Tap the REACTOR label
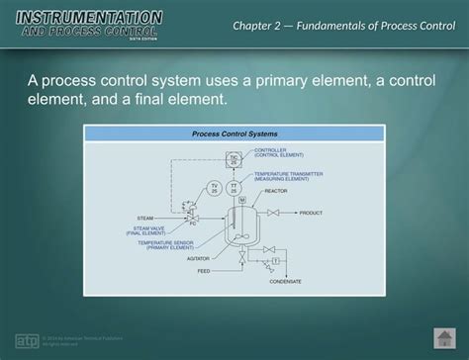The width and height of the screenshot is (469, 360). [276, 191]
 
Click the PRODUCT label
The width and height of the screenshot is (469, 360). [311, 213]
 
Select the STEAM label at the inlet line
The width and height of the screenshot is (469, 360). [143, 217]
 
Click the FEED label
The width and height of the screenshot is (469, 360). [204, 270]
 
